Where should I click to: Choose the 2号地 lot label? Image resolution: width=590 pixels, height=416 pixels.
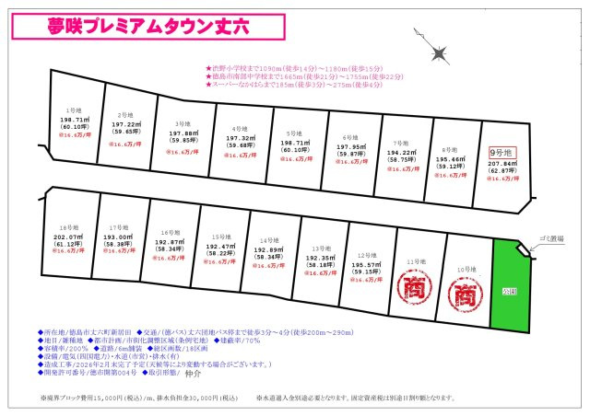coord(125,115)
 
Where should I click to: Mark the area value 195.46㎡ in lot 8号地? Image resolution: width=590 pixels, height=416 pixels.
coord(451,159)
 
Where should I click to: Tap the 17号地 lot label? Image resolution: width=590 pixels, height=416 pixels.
coord(117,226)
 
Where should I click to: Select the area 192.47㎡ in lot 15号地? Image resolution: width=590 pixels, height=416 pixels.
coord(219,247)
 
